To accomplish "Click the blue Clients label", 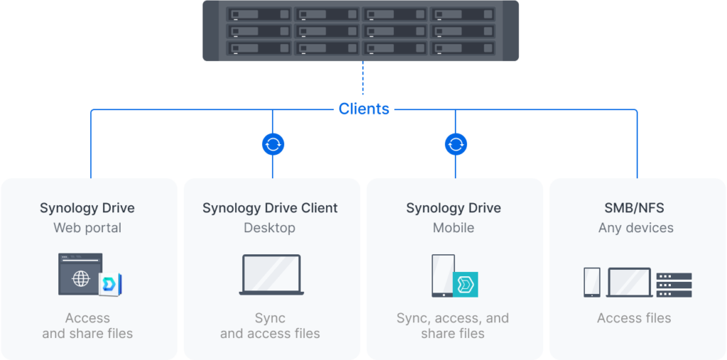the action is click(x=363, y=109).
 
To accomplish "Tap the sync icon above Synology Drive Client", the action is click(x=273, y=145).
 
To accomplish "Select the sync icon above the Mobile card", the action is click(x=456, y=145).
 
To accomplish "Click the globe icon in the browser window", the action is click(x=80, y=279).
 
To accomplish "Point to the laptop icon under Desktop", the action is click(x=272, y=275).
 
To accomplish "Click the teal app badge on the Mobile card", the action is click(x=466, y=285).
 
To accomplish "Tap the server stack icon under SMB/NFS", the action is click(x=674, y=285).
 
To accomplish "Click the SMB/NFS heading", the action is click(x=634, y=208).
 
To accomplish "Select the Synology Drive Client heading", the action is click(x=270, y=208).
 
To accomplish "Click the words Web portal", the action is click(x=87, y=228).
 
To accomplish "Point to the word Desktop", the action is click(x=269, y=228).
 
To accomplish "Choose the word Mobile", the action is click(x=454, y=228).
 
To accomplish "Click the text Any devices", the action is click(x=635, y=228).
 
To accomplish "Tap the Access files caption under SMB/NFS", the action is click(x=634, y=318).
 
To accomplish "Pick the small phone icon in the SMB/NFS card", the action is click(x=591, y=282).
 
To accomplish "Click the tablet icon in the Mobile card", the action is click(x=443, y=276).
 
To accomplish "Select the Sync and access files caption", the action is click(x=270, y=326).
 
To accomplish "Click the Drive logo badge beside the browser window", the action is click(x=110, y=284).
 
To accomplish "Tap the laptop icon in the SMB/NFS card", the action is click(x=629, y=283).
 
